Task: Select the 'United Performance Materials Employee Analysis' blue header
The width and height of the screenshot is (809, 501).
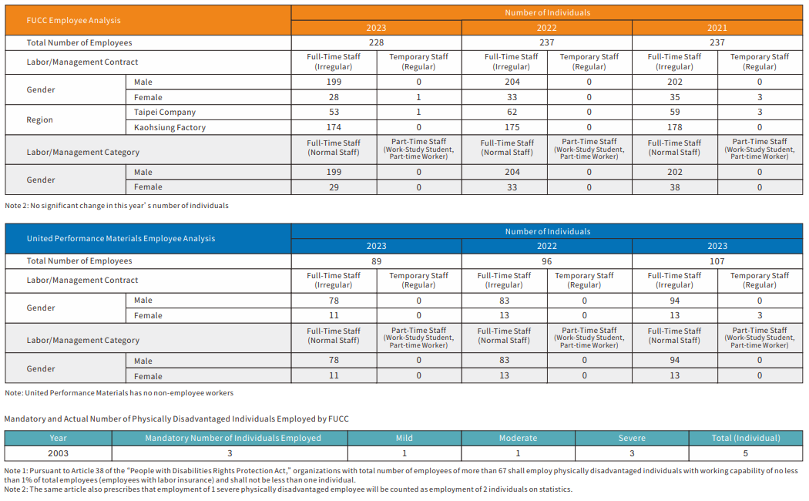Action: [x=121, y=238]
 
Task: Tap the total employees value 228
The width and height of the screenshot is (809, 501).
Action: [x=376, y=42]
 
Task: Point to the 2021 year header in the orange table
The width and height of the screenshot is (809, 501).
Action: [x=717, y=28]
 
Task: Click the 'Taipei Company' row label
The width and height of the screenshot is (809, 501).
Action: [x=165, y=112]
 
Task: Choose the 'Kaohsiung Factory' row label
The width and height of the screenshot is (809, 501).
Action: [x=170, y=127]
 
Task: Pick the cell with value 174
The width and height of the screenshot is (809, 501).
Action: [x=334, y=127]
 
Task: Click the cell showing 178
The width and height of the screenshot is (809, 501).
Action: [x=674, y=127]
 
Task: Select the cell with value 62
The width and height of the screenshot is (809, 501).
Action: [x=504, y=112]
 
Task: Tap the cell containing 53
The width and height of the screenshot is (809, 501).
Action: [x=334, y=112]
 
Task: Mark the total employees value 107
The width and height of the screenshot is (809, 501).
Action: [x=717, y=261]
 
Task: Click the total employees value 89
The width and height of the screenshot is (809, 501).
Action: [x=376, y=261]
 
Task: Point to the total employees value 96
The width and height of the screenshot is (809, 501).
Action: [x=546, y=261]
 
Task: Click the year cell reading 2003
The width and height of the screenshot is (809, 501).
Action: [x=58, y=453]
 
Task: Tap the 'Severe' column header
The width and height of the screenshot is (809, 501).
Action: [x=632, y=438]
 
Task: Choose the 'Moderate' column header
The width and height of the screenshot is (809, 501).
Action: [x=518, y=438]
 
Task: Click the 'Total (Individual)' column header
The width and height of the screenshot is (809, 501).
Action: [x=745, y=438]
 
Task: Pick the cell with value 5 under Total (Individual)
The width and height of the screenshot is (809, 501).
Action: [x=745, y=453]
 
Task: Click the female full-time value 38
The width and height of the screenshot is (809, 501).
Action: [x=674, y=187]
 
